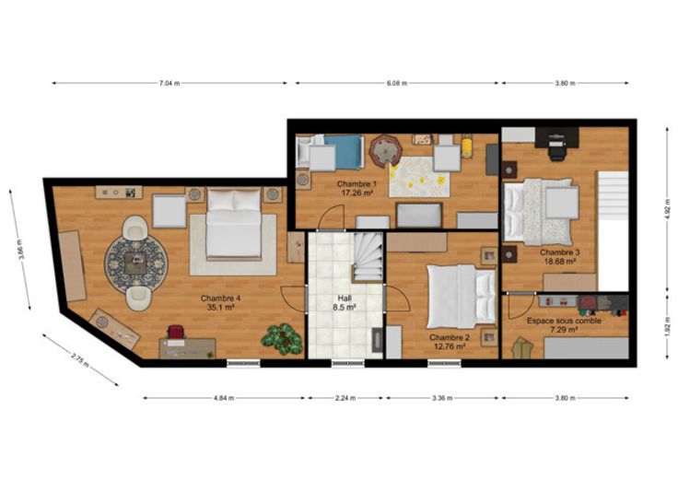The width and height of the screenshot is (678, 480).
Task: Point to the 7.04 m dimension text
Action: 169,84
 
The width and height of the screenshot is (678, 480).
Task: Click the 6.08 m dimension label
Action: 397,84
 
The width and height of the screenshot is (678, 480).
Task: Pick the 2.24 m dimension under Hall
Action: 345,398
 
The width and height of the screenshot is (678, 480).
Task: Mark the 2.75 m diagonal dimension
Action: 80,360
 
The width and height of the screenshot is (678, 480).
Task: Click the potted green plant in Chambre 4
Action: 282,339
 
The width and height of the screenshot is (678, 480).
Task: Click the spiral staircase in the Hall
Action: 368,257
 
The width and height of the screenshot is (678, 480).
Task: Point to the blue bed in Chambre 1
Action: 344,152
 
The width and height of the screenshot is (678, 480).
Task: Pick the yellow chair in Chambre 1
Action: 466,146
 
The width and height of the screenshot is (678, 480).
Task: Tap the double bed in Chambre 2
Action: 462,297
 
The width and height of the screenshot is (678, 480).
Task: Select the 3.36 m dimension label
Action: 442,398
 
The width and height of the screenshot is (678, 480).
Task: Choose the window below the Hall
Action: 348,364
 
